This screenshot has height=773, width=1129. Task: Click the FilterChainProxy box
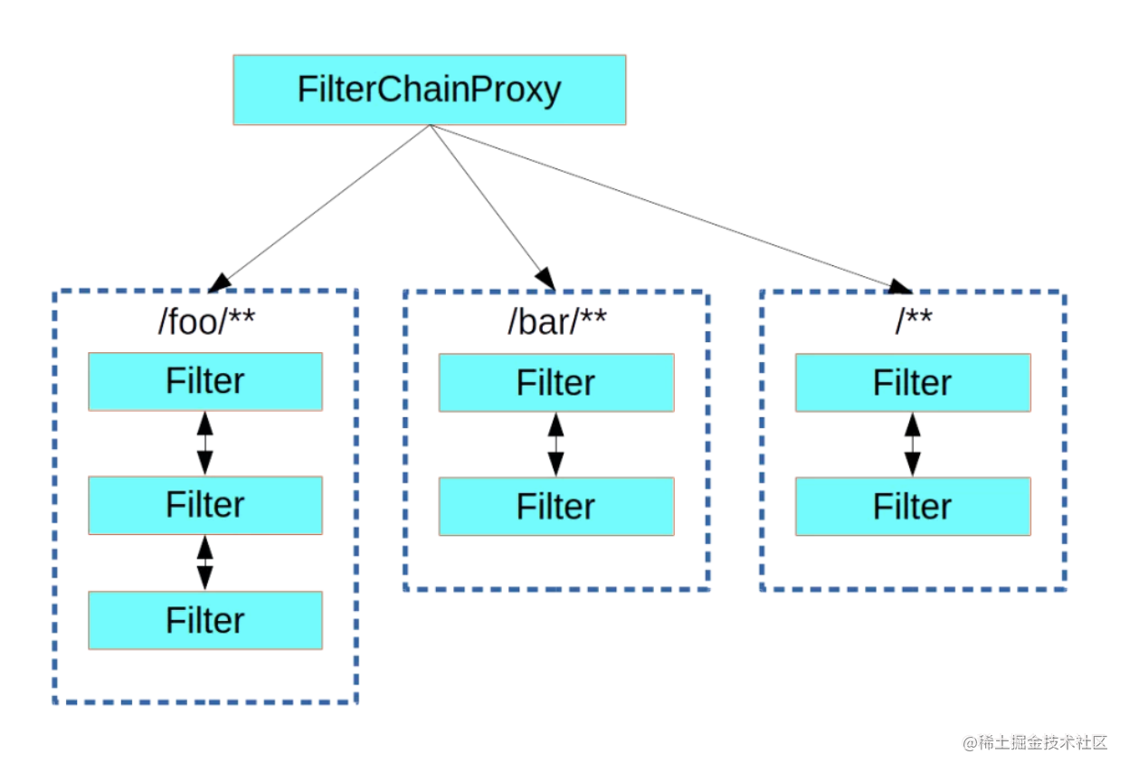429,90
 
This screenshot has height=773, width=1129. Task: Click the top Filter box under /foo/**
205,381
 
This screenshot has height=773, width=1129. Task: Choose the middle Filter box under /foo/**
205,504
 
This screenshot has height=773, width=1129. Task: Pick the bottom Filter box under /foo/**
205,620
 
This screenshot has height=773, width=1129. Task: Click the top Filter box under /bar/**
556,382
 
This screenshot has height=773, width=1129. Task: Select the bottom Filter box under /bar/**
556,506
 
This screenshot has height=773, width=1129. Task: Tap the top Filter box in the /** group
913,382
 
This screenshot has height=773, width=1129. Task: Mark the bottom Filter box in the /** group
913,506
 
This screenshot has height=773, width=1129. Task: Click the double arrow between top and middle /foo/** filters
205,443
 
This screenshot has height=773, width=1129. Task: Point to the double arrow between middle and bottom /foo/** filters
205,562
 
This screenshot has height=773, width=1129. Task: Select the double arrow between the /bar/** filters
556,444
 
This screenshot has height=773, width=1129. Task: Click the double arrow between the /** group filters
913,444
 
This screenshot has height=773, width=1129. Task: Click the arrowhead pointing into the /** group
899,287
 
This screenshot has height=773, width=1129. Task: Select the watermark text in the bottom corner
1035,743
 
